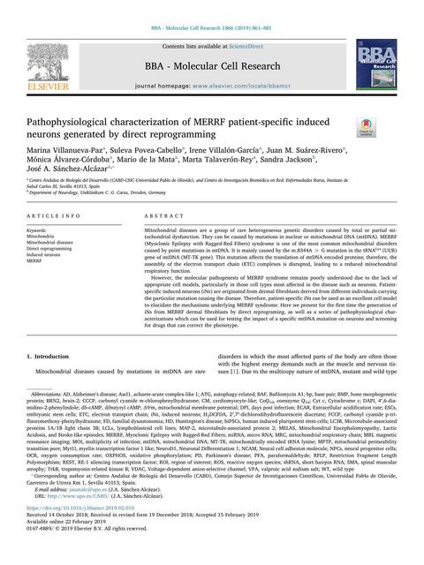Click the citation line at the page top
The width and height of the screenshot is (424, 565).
point(211,6)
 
